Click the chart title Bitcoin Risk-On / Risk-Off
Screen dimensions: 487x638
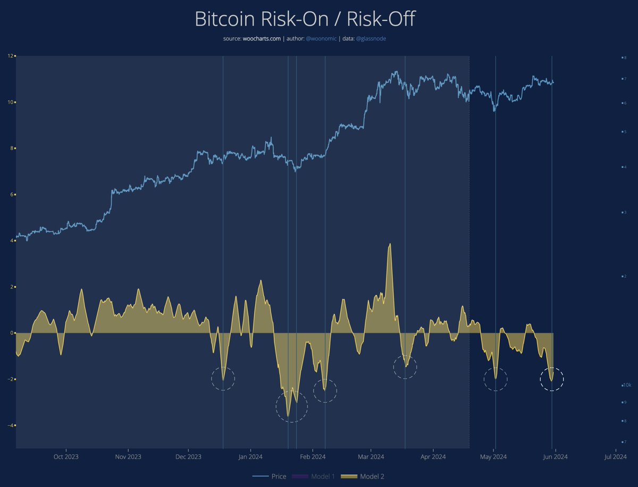(305, 19)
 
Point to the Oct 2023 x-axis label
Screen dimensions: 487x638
(66, 456)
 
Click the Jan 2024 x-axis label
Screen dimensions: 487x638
(250, 456)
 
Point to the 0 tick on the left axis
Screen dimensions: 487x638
(12, 333)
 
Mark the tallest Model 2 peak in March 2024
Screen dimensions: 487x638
(390, 244)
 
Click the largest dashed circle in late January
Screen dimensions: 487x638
(291, 407)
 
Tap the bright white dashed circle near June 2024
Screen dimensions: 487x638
(552, 379)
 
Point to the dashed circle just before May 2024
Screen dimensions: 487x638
(496, 379)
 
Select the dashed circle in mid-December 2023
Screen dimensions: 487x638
(223, 379)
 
